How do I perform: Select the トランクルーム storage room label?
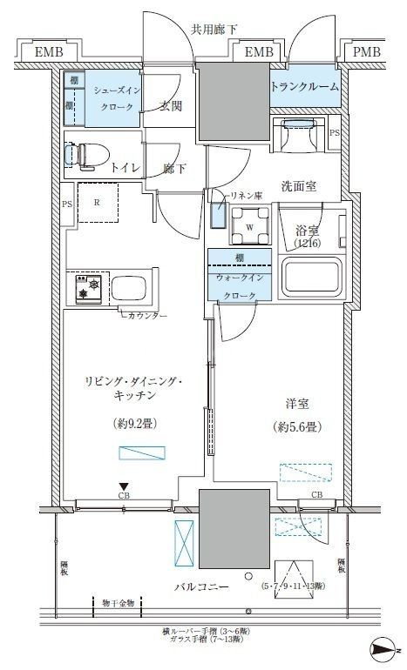(304, 87)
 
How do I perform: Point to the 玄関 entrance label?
(170, 108)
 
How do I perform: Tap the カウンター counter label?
(146, 315)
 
